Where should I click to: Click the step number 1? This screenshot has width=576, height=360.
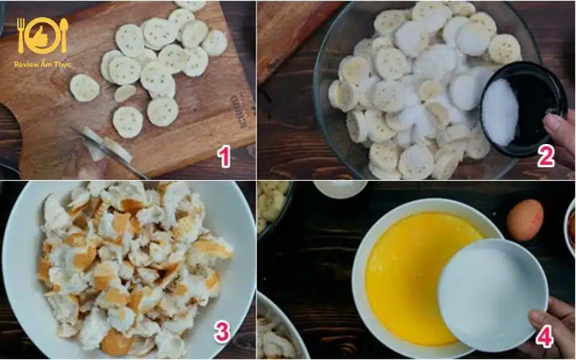click(x=224, y=156)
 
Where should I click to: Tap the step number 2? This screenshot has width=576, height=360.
click(x=546, y=156)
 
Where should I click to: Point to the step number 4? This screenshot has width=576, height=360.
click(x=545, y=335)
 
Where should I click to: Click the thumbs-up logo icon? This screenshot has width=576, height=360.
click(x=42, y=36)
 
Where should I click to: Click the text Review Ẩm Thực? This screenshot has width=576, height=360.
click(x=42, y=64)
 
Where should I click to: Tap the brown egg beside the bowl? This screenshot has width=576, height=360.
click(x=524, y=219)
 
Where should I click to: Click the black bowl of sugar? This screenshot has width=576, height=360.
click(x=513, y=108)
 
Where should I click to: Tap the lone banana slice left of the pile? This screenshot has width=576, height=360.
click(x=84, y=88)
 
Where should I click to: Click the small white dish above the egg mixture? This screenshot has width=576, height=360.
click(x=340, y=189)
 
